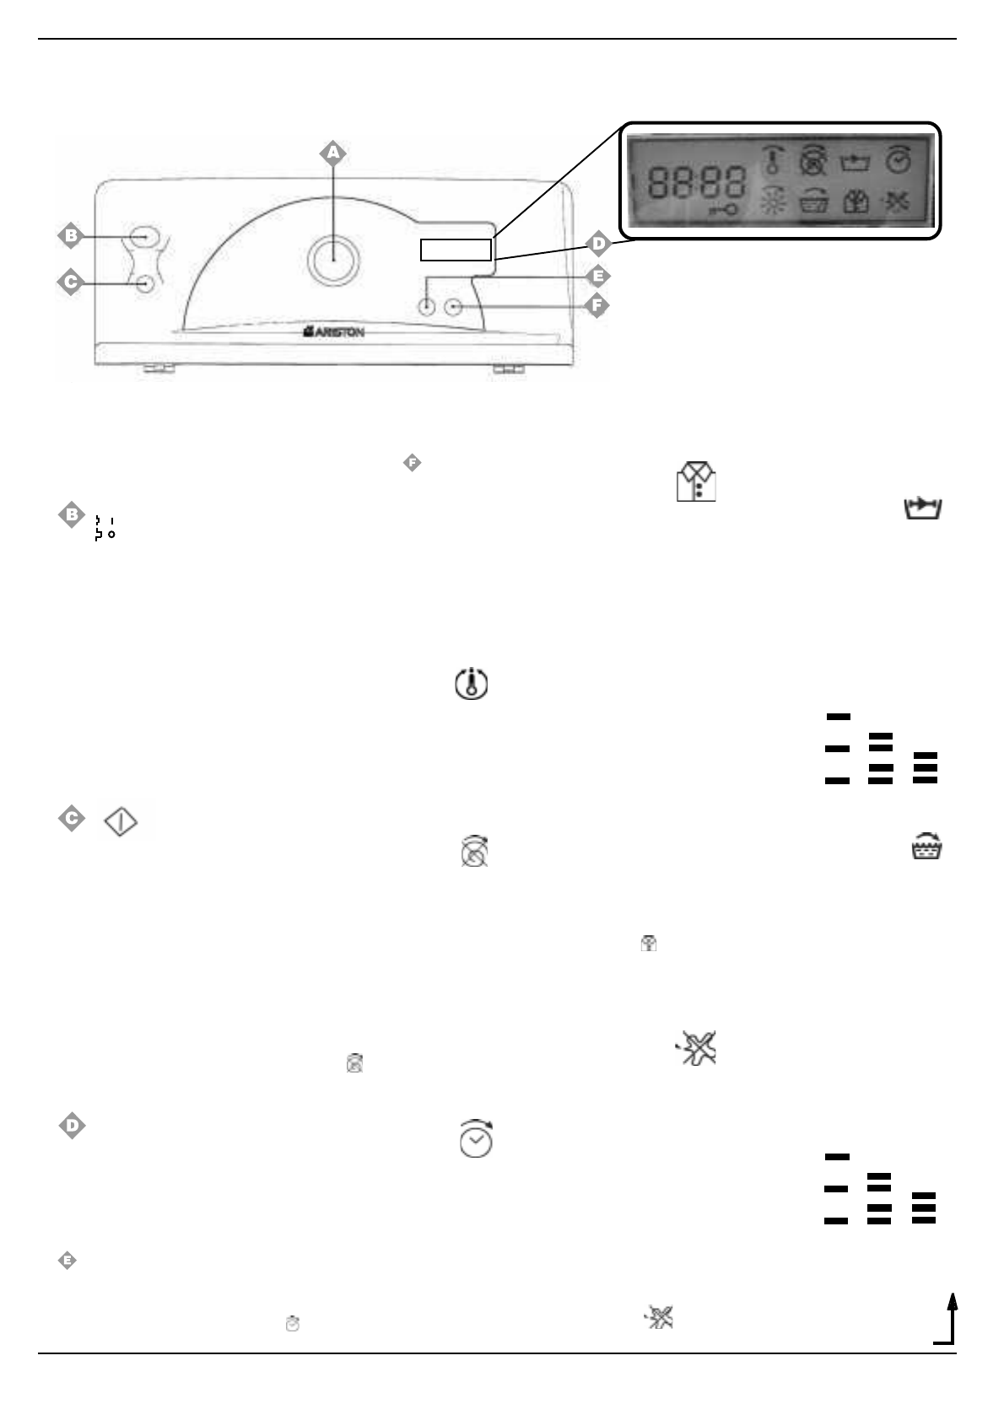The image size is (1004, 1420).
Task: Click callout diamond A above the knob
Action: click(x=332, y=153)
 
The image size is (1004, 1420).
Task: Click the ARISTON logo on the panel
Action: click(x=334, y=333)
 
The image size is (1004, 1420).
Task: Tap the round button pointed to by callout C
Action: click(x=144, y=284)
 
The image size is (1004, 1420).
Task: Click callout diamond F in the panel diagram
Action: click(x=596, y=304)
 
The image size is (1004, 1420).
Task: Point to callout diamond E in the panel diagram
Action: click(x=598, y=276)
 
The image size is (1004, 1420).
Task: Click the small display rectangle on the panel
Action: click(x=456, y=250)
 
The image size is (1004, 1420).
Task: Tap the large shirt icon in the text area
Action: click(x=696, y=482)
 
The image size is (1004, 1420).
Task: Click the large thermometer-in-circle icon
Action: click(x=472, y=683)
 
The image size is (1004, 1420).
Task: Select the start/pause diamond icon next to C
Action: click(x=121, y=821)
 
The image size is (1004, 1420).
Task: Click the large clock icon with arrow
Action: click(x=476, y=1138)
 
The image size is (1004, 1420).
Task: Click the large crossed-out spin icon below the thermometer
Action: click(x=475, y=852)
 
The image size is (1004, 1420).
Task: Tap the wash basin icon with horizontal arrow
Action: click(x=923, y=508)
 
